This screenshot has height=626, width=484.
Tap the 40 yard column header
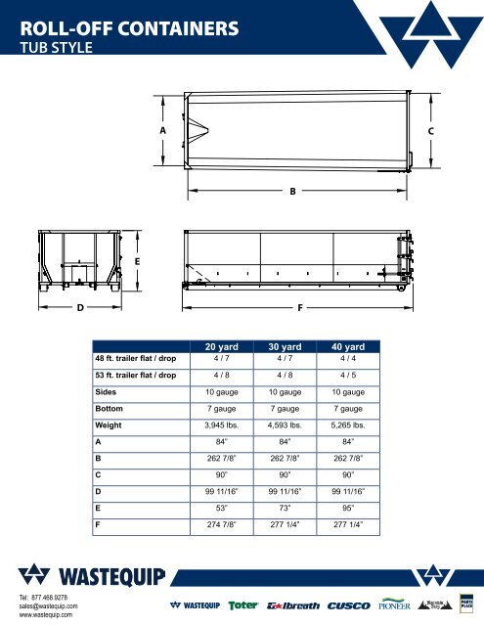tap(348, 346)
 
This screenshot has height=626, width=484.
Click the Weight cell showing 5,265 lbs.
tap(348, 425)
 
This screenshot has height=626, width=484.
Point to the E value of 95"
tap(348, 508)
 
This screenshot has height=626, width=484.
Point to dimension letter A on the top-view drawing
tap(163, 130)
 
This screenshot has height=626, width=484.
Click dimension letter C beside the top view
tap(430, 130)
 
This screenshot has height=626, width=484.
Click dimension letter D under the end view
tap(79, 307)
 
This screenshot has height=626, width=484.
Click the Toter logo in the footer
tap(243, 605)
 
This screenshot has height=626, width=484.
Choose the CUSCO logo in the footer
tap(347, 605)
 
